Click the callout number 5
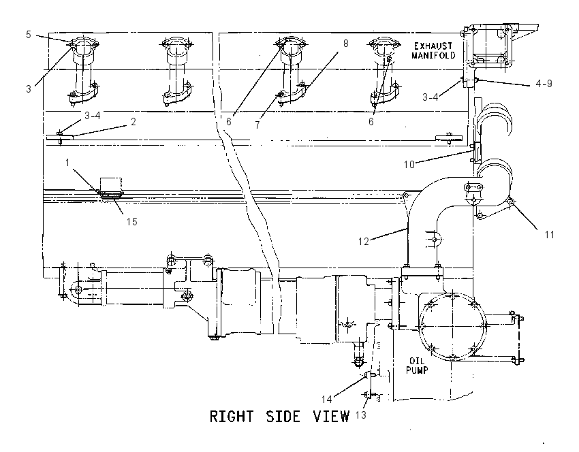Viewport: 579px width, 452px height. tap(29, 35)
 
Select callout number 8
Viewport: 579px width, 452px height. tap(345, 44)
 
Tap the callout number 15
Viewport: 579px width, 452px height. tap(132, 221)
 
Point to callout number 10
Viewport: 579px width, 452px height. tap(409, 164)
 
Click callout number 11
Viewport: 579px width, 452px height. tap(549, 234)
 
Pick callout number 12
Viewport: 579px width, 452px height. tap(363, 241)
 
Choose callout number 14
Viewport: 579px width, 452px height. tap(326, 399)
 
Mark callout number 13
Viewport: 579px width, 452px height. tap(361, 415)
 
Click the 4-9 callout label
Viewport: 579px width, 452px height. tap(544, 84)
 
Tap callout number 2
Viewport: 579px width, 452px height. tap(134, 121)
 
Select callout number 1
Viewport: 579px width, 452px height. tap(67, 162)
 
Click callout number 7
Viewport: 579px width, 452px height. tap(257, 125)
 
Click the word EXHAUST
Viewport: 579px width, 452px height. tap(433, 46)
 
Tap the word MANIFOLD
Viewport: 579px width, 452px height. tap(433, 55)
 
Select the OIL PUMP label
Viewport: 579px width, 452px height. tap(418, 366)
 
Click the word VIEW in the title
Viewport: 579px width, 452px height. tap(331, 416)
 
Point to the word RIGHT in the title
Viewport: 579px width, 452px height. tap(232, 416)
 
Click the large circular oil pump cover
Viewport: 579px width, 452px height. tap(453, 326)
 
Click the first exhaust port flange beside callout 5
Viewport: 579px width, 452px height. tap(84, 43)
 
